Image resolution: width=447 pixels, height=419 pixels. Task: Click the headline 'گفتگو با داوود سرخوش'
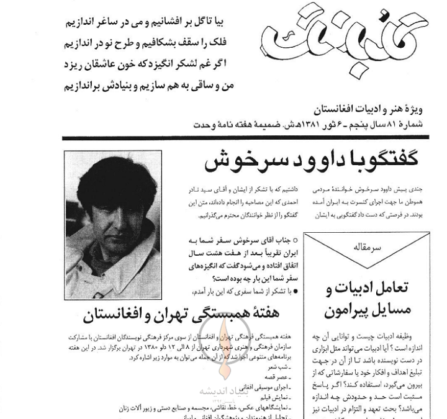tap(311, 162)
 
